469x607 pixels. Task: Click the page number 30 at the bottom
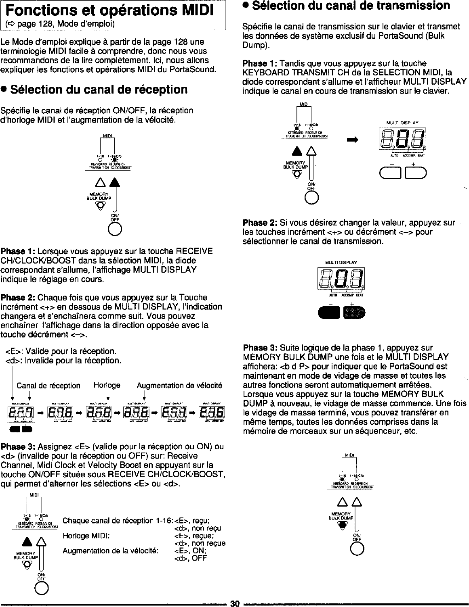tap(235, 603)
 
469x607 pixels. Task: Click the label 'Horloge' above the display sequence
tap(107, 385)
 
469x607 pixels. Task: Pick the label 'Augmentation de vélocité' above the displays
tap(180, 386)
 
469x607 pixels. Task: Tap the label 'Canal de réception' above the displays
tap(48, 386)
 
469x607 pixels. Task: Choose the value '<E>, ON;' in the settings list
tap(190, 551)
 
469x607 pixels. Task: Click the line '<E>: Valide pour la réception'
tap(61, 351)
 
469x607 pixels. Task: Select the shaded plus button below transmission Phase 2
tap(354, 312)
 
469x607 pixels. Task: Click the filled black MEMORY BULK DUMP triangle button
tap(343, 525)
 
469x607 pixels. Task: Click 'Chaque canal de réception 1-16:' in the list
tap(118, 520)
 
